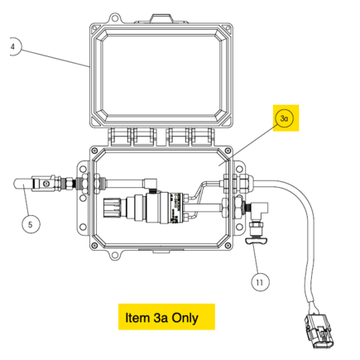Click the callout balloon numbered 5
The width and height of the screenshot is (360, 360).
pos(31,224)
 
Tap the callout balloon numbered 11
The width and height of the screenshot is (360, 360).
pos(260,282)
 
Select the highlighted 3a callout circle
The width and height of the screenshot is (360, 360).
pos(284,118)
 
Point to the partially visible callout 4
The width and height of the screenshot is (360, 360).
pos(14,46)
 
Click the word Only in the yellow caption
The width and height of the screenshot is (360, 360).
pos(185,318)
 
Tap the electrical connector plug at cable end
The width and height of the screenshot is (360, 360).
pos(319,331)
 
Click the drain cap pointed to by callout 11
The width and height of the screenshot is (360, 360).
pos(257,241)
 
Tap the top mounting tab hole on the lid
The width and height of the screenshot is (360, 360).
pos(113,18)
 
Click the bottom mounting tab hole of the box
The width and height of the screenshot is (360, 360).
pos(113,254)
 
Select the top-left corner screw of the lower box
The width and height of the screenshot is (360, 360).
pos(94,151)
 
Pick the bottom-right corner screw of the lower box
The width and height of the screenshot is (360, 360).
pos(228,246)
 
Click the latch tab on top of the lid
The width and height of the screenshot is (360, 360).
pos(161,18)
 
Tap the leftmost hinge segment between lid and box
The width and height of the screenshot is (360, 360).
pos(120,137)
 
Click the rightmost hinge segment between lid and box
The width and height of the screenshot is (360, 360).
pos(203,137)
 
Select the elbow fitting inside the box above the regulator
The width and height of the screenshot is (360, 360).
pos(150,184)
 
